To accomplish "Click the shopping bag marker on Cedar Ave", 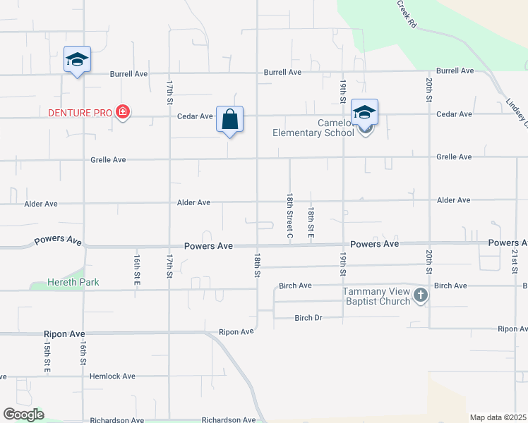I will coord(230,118).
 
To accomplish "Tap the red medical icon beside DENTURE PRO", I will coord(123,112).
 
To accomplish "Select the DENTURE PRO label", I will coord(80,112).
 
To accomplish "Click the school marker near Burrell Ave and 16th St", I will coord(76,59).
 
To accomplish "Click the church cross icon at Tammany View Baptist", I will coord(421,295).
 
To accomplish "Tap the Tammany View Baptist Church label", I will coord(376,296).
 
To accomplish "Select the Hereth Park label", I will coord(73,282).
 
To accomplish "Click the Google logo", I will coord(23,415).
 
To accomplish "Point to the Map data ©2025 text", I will coord(498,417).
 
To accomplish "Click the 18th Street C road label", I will coord(289,214).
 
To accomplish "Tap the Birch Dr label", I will coord(308,318).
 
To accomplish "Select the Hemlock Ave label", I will coord(112,376).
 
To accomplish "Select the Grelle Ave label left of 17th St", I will coord(108,160).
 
